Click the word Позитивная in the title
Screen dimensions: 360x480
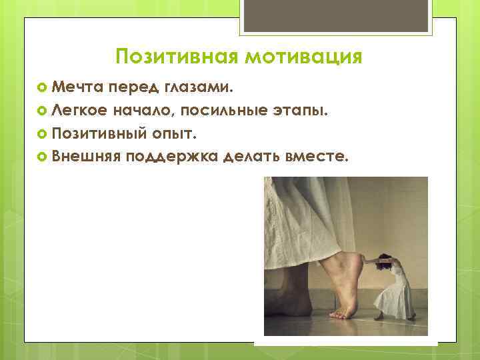176,57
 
